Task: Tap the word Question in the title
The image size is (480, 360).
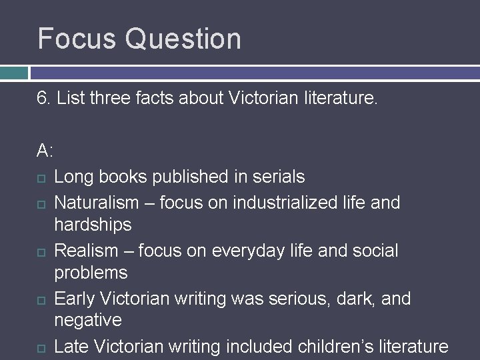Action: [183, 40]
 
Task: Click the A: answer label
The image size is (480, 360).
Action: [45, 151]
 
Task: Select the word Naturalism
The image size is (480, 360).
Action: [97, 201]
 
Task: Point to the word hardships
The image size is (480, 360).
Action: [93, 225]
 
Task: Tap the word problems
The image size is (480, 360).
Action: [91, 273]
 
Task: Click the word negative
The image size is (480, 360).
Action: [88, 321]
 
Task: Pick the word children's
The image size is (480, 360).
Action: [323, 346]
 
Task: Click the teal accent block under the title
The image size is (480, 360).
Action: [14, 72]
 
